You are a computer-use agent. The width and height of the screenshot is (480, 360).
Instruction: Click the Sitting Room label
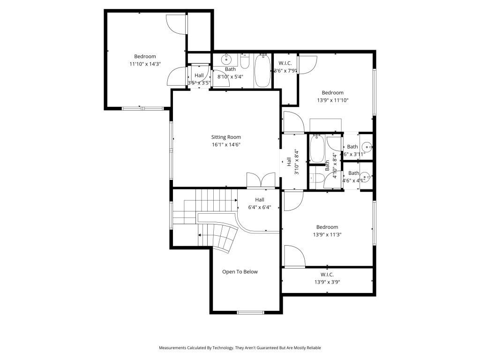(226, 137)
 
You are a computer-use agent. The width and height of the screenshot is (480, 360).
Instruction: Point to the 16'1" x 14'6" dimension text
(226, 145)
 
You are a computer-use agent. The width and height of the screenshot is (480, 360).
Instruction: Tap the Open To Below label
(240, 272)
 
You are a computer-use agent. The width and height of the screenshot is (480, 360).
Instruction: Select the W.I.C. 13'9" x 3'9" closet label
(327, 275)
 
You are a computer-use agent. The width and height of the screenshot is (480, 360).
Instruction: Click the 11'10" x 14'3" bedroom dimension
(145, 64)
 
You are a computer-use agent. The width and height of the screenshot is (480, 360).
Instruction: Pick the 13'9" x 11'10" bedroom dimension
(332, 100)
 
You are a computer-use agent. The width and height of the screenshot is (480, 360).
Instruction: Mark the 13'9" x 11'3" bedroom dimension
(327, 235)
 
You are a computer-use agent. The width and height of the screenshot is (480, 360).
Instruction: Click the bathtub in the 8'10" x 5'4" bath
(262, 71)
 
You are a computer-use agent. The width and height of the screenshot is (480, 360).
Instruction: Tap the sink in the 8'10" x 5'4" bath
(226, 60)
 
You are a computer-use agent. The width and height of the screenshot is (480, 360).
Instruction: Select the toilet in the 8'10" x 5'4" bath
(245, 61)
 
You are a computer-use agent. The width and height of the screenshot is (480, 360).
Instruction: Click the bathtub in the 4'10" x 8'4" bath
(317, 149)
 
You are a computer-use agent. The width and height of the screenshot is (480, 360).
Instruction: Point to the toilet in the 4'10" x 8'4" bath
(316, 178)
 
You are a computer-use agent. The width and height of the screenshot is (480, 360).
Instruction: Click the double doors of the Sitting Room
(261, 180)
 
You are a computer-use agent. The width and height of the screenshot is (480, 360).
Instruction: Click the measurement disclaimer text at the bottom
(240, 348)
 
